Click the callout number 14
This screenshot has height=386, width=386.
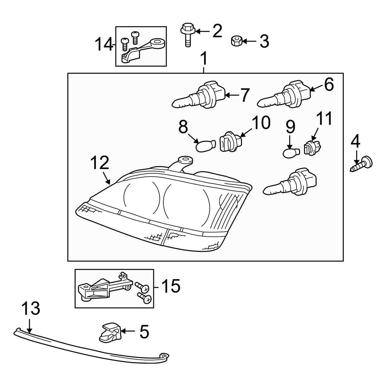click(x=103, y=45)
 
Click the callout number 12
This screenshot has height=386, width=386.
click(x=100, y=163)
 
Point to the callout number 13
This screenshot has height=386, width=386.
click(x=30, y=309)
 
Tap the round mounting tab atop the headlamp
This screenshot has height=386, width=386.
click(x=185, y=159)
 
